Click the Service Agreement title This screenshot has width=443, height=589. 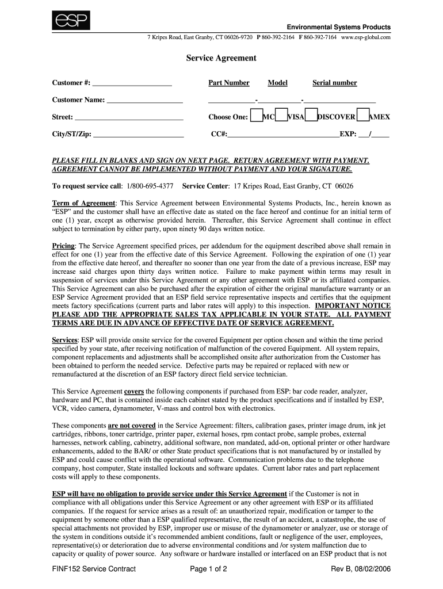221,59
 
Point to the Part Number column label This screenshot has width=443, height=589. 229,83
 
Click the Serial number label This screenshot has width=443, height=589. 334,83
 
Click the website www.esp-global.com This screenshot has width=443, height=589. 366,37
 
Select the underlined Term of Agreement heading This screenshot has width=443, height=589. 84,203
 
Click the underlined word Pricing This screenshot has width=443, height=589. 63,246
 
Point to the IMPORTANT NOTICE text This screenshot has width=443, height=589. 353,305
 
